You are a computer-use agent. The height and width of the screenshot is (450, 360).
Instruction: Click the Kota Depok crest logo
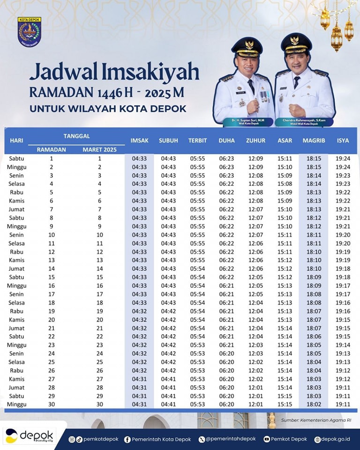29,32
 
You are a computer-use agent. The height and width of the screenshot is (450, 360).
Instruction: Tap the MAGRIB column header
314,141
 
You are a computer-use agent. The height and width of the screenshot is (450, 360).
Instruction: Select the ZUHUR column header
255,141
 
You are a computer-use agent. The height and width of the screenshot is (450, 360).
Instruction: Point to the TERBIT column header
197,141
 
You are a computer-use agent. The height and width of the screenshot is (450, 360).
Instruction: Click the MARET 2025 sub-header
99,150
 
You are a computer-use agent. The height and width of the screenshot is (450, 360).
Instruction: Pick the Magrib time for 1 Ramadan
314,159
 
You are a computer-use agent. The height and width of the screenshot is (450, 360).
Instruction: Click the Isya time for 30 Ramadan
343,405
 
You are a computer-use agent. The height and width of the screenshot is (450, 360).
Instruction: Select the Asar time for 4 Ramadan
285,184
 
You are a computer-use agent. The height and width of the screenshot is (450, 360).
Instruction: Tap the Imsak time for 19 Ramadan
139,311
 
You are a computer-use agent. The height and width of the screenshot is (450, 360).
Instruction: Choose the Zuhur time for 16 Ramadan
255,286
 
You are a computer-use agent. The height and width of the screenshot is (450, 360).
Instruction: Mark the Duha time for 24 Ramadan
226,353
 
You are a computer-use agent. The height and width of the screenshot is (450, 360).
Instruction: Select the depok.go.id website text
334,439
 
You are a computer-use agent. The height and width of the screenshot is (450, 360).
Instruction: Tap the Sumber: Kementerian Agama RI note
316,420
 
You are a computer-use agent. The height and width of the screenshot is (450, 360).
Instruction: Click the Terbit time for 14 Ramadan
197,269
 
